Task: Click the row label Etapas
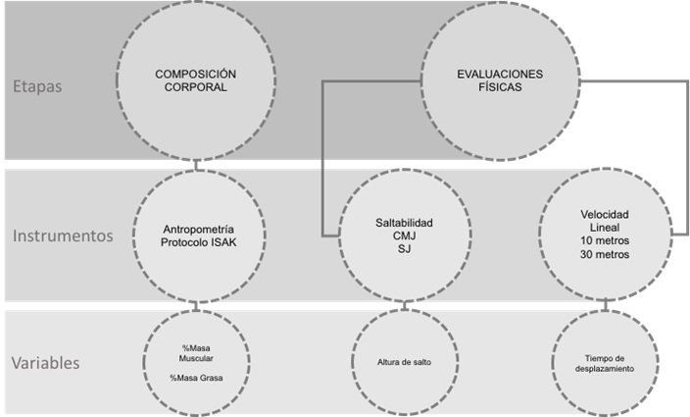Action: click(x=37, y=86)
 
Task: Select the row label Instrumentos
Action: click(x=63, y=235)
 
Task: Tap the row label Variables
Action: click(x=46, y=363)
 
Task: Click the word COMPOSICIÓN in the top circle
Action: click(x=195, y=74)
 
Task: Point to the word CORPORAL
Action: click(x=196, y=87)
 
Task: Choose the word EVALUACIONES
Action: click(x=500, y=74)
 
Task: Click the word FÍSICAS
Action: click(x=500, y=87)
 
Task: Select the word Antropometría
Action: click(x=198, y=229)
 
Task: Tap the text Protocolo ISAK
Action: click(x=198, y=242)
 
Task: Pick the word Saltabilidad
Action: click(x=404, y=223)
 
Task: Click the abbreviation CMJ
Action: click(x=405, y=236)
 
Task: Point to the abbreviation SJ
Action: click(x=404, y=249)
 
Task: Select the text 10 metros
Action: click(x=605, y=240)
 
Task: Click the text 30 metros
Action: click(x=605, y=254)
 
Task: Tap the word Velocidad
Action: click(x=605, y=215)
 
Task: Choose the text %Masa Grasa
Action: click(x=196, y=378)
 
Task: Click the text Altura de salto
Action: click(x=404, y=362)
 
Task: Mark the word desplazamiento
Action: click(x=605, y=369)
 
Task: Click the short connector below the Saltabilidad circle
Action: click(x=404, y=305)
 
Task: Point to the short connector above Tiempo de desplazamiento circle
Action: click(x=606, y=305)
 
